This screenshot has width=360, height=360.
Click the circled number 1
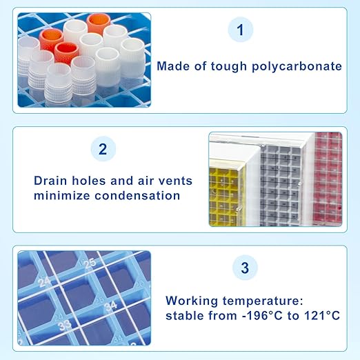[x=240, y=30]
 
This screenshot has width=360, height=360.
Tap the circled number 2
[x=103, y=149]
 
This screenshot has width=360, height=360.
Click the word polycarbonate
[x=299, y=67]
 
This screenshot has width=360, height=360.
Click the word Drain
[x=51, y=181]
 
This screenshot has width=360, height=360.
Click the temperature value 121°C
[x=321, y=315]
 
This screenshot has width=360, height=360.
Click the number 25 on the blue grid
[x=89, y=263]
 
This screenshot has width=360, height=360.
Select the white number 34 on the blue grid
[x=110, y=306]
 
